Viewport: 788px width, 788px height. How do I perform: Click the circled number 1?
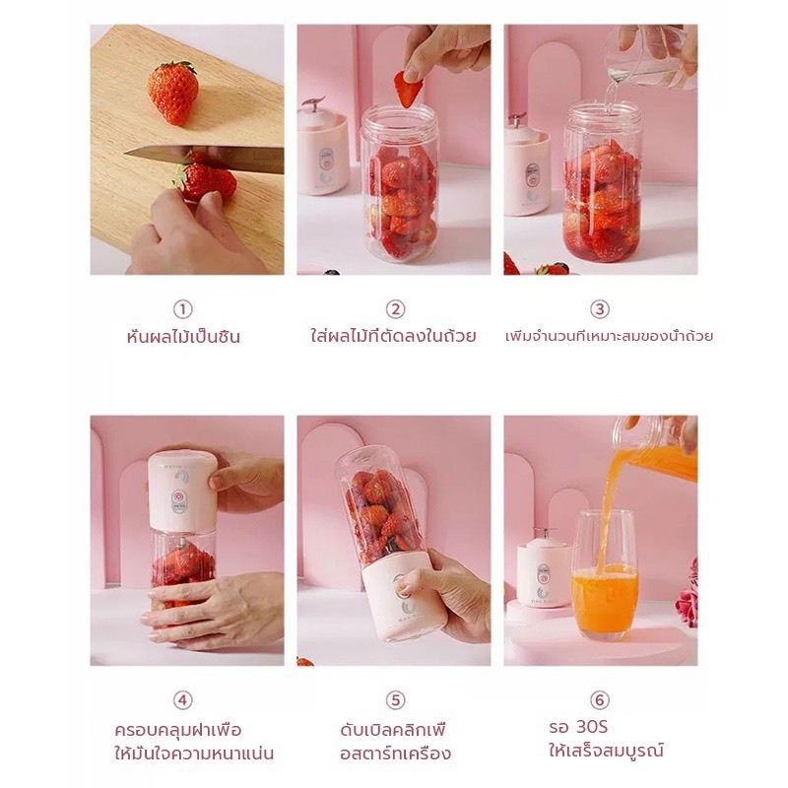coord(183,309)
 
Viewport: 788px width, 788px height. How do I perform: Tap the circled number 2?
coord(396,309)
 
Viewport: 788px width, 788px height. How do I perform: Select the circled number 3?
coord(600,309)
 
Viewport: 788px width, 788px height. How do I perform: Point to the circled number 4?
coord(183,699)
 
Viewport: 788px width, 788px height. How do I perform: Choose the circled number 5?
coord(396,699)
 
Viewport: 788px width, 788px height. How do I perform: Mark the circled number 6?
coord(600,699)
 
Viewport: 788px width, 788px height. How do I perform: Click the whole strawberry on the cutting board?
coord(173,93)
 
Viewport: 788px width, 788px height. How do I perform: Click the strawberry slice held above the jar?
coord(407,89)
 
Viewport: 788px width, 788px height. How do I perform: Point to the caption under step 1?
coord(183,336)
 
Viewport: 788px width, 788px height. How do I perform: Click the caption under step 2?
coord(393,336)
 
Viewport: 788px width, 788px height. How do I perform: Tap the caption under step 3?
coord(609,336)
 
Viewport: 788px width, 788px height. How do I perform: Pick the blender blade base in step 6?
coord(544,569)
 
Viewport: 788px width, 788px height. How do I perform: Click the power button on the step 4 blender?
coord(178,498)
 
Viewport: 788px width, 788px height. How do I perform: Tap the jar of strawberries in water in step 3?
coord(603,181)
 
